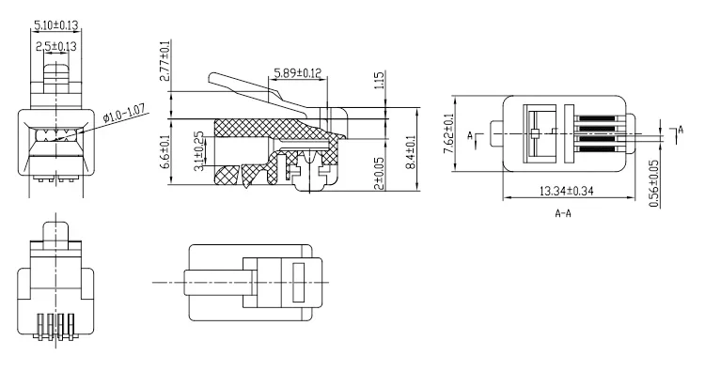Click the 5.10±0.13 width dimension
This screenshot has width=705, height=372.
tap(56, 25)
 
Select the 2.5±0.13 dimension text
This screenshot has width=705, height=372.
tap(56, 46)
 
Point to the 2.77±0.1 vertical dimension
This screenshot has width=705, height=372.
tap(165, 61)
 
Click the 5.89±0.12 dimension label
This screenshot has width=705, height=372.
tap(298, 72)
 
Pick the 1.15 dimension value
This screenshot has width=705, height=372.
tap(379, 81)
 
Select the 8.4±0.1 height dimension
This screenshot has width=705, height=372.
tap(410, 152)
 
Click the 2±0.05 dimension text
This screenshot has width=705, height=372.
tap(379, 172)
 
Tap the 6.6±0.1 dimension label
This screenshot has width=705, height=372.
tap(165, 152)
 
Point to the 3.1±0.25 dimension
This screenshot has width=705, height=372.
tap(198, 151)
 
